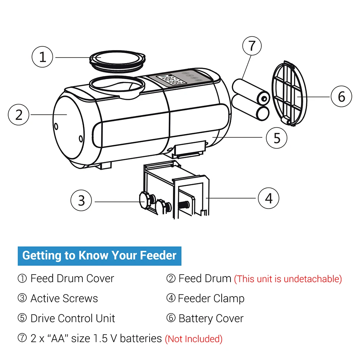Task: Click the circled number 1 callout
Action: (x=43, y=57)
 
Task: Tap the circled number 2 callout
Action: (x=19, y=114)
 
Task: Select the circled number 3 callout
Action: (x=81, y=200)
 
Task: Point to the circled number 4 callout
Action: (x=268, y=198)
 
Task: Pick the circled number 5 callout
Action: (x=277, y=138)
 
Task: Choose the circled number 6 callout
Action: (x=341, y=96)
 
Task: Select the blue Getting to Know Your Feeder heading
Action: (x=99, y=256)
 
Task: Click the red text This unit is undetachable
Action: (x=288, y=279)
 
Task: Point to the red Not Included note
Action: (x=193, y=339)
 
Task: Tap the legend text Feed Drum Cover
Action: (x=72, y=278)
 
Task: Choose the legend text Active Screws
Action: (x=64, y=298)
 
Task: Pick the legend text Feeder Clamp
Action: (x=211, y=298)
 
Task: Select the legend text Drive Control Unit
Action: (x=73, y=318)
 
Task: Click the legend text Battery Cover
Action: (x=211, y=318)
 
